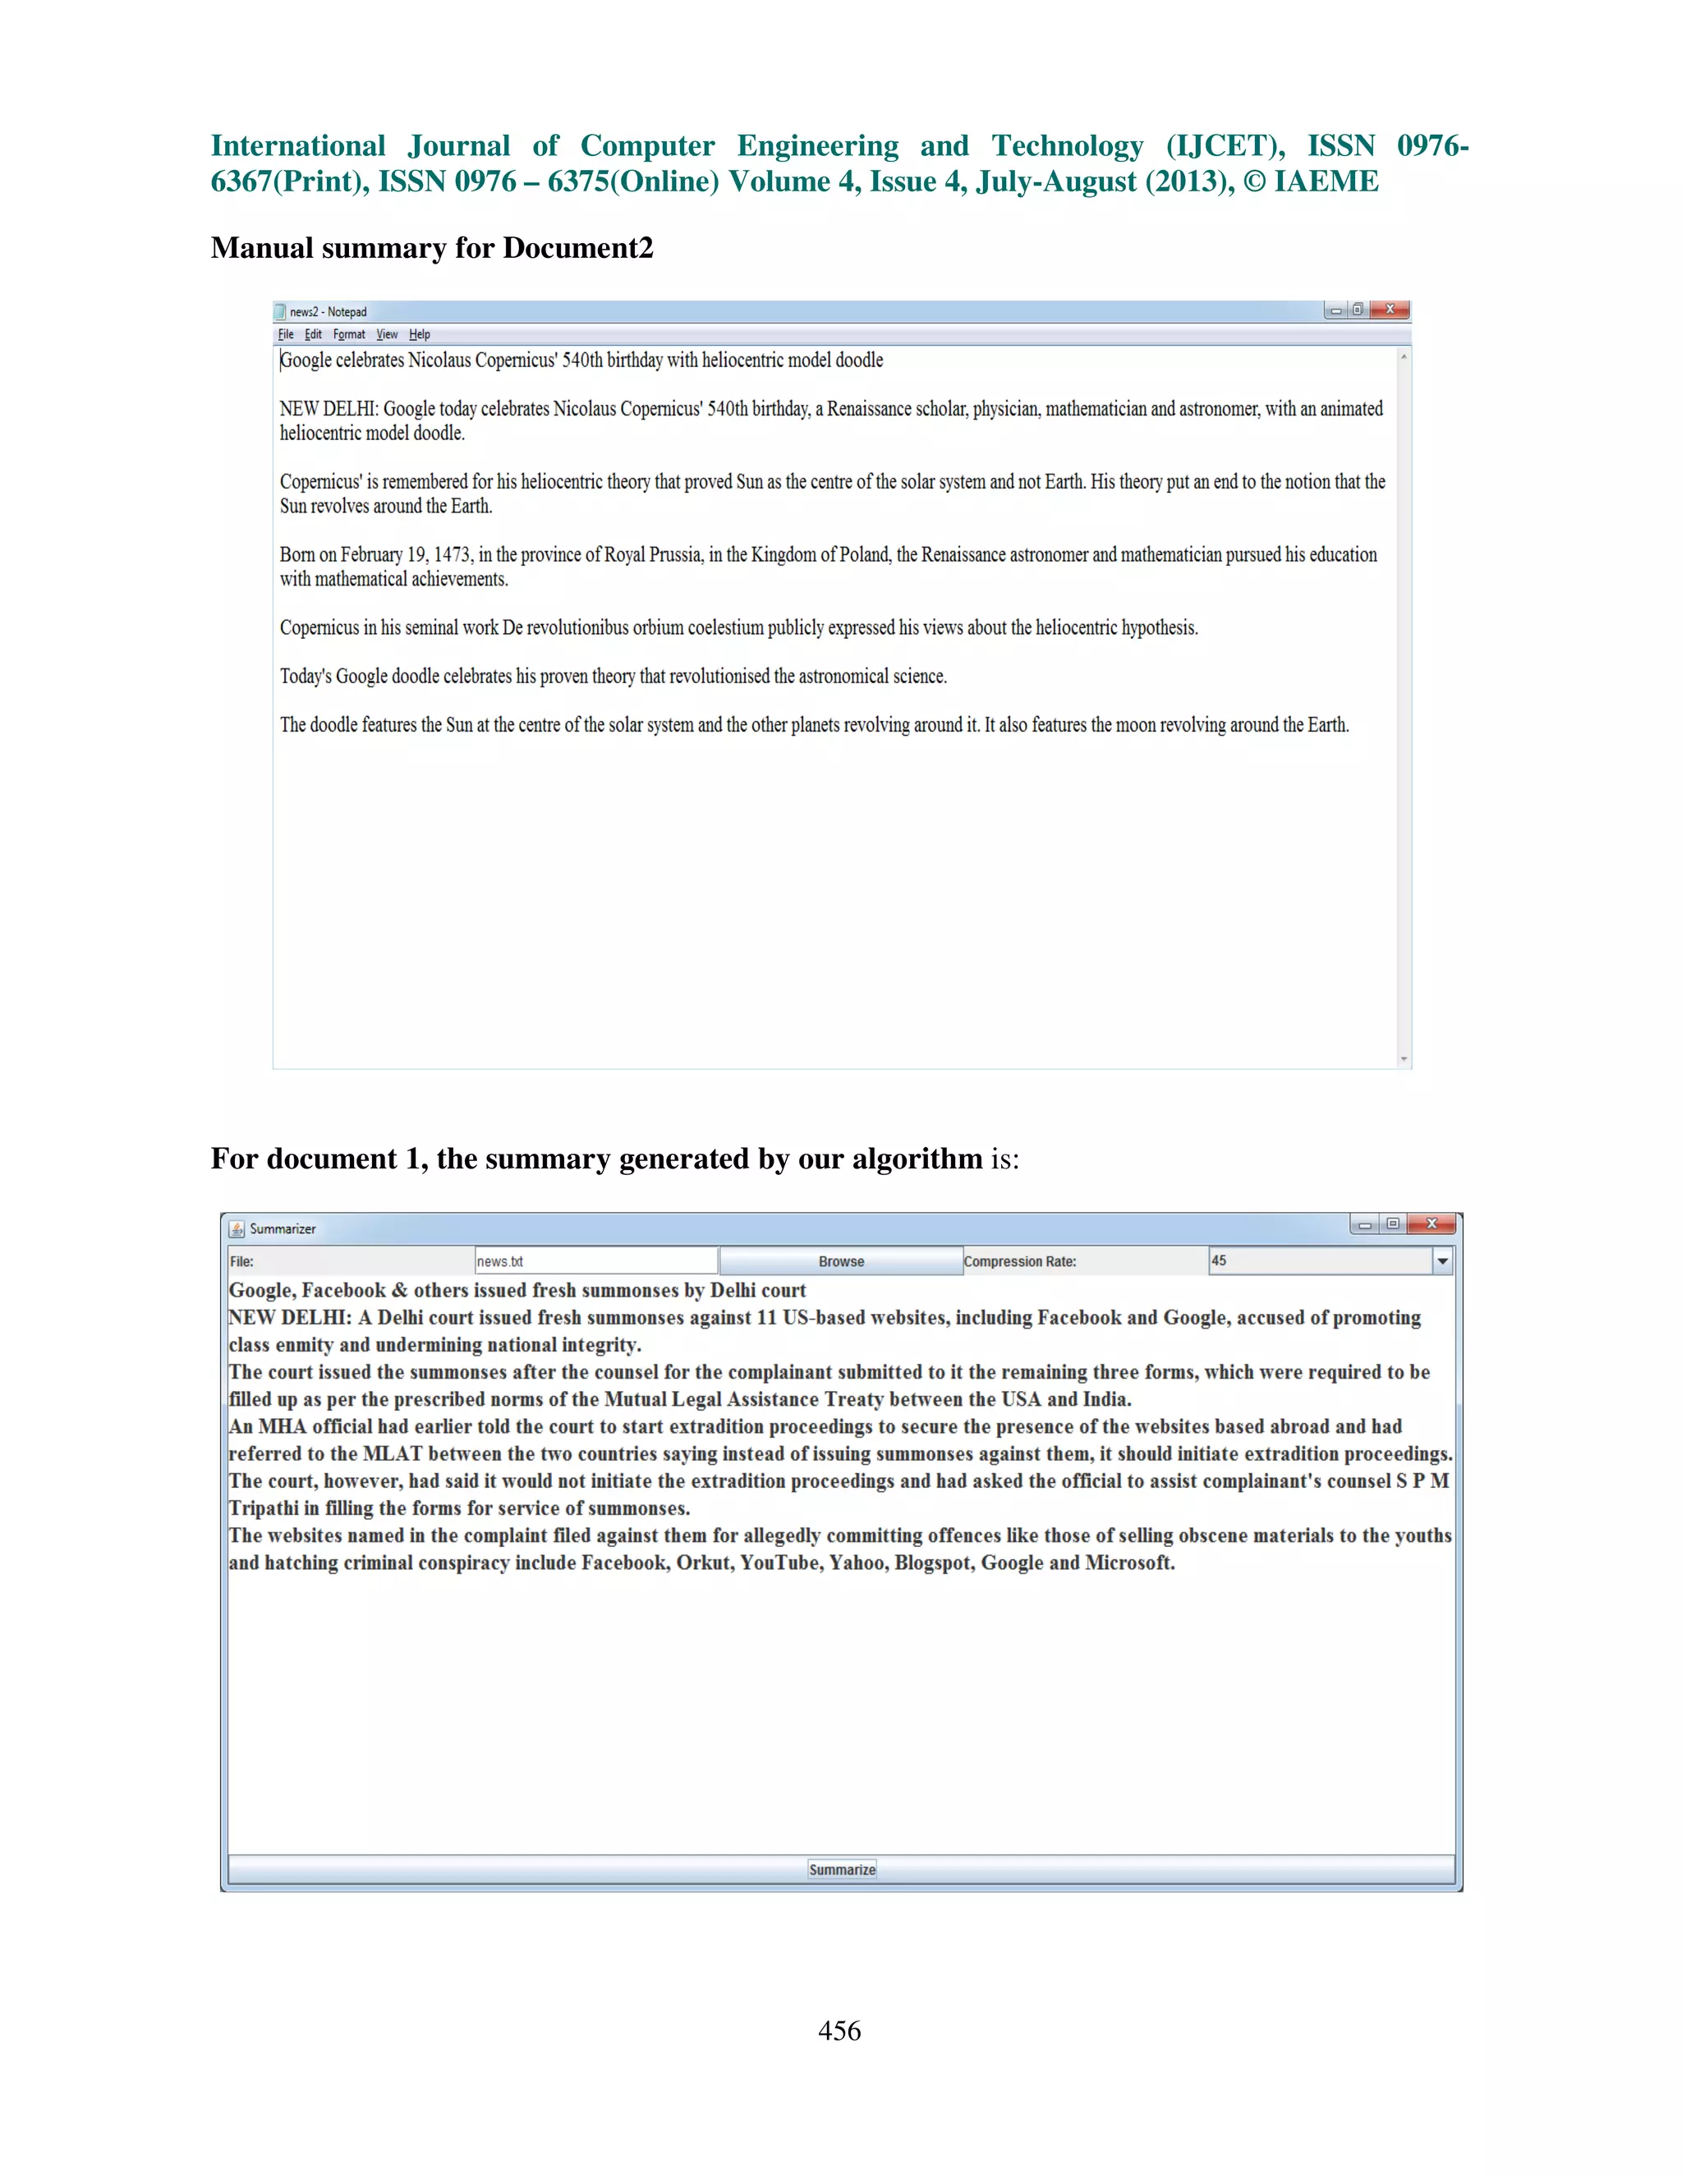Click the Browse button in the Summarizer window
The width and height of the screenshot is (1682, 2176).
click(840, 1261)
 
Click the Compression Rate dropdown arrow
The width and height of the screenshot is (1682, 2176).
click(1442, 1261)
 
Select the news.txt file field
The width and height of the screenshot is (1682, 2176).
click(596, 1261)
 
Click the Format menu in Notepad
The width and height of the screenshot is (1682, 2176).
click(349, 335)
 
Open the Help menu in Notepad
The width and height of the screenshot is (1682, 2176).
click(420, 335)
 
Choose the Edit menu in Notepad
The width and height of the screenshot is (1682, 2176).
click(313, 335)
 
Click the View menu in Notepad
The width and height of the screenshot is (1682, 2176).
click(387, 335)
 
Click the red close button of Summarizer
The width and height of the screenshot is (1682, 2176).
click(1431, 1224)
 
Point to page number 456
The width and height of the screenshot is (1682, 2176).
click(839, 2031)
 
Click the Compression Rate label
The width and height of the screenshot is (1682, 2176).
click(1019, 1261)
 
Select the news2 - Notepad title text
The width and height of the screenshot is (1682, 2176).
click(328, 312)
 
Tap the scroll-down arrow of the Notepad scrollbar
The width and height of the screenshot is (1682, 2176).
click(1404, 1059)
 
